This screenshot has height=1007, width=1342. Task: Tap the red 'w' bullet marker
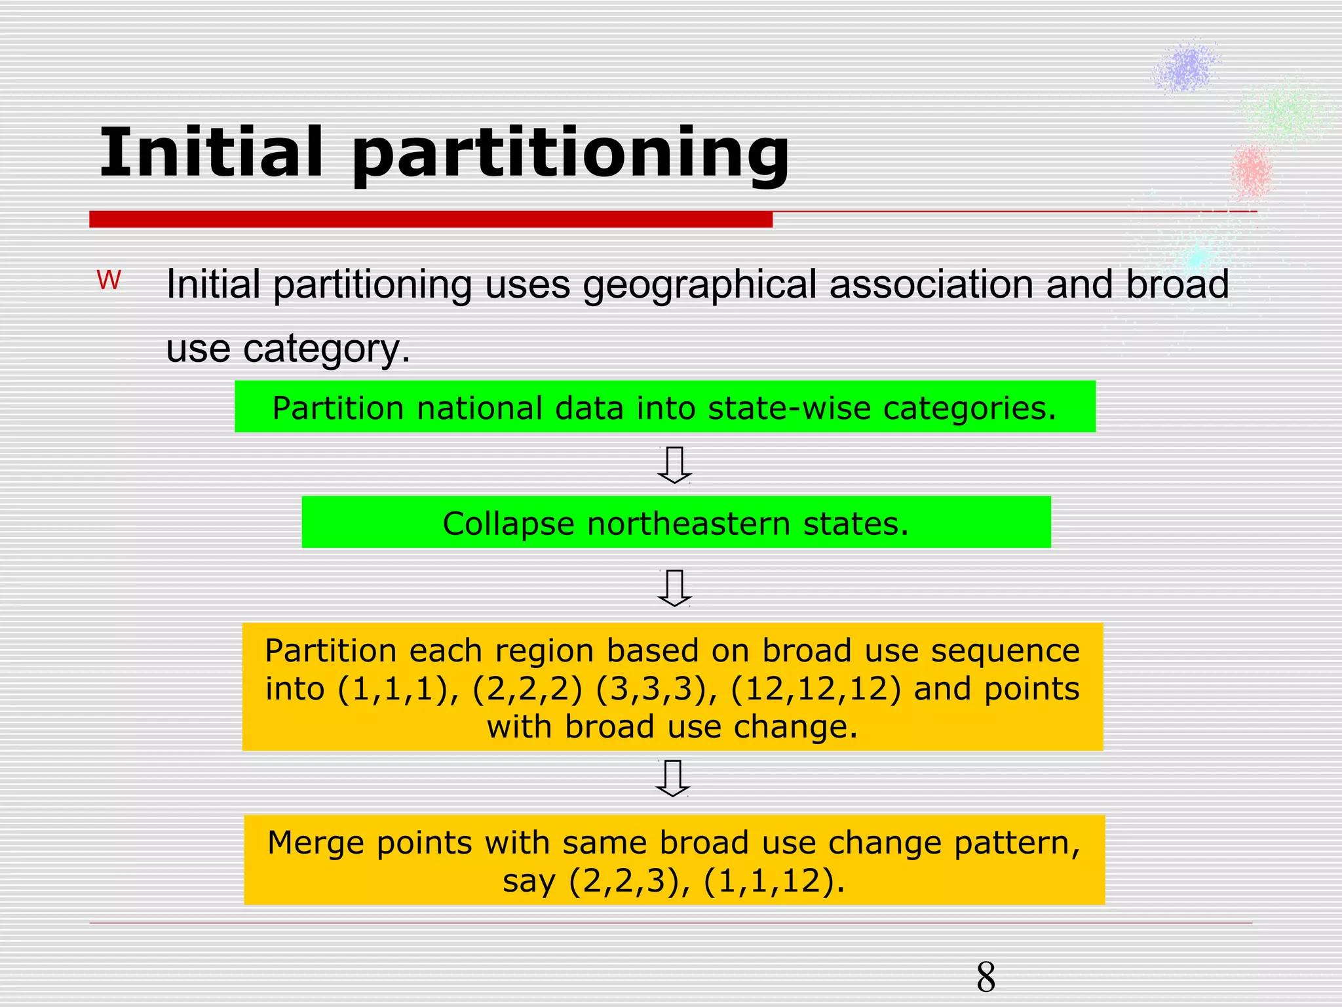tap(109, 281)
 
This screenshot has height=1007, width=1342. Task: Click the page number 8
tap(986, 977)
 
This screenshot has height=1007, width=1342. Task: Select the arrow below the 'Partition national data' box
tap(674, 465)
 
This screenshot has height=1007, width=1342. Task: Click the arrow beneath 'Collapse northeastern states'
tap(674, 587)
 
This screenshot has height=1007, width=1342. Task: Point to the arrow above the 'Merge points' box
tap(673, 778)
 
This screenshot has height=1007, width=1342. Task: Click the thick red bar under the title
tap(431, 219)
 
